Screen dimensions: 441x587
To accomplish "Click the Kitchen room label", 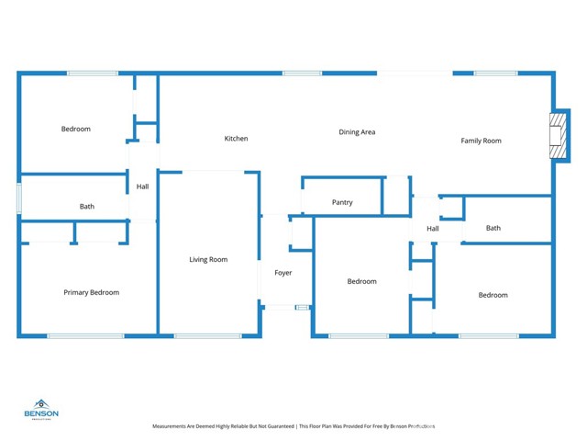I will tap(236, 139).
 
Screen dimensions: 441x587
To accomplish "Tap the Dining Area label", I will tap(357, 132).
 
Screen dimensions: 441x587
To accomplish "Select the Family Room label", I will tap(481, 141).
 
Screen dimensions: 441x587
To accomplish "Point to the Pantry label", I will tap(342, 202).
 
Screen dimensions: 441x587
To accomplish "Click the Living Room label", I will tap(208, 259).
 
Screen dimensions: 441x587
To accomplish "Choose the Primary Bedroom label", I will tap(91, 292).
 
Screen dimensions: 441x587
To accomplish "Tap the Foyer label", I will tap(283, 273).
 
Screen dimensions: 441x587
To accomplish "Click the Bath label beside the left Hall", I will tap(86, 207).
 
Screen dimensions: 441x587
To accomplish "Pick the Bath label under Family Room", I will tap(493, 228).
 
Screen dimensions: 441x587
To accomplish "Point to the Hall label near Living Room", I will tap(142, 187).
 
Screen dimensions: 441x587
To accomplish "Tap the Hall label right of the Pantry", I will tap(433, 229).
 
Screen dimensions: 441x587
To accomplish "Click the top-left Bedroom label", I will tap(76, 129).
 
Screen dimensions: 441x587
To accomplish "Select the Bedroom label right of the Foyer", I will tap(361, 281).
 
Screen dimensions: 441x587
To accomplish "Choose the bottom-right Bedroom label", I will tap(493, 295).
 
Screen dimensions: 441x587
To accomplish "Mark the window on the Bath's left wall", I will tap(18, 199).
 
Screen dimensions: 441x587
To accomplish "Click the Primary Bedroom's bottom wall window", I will tap(85, 335).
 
